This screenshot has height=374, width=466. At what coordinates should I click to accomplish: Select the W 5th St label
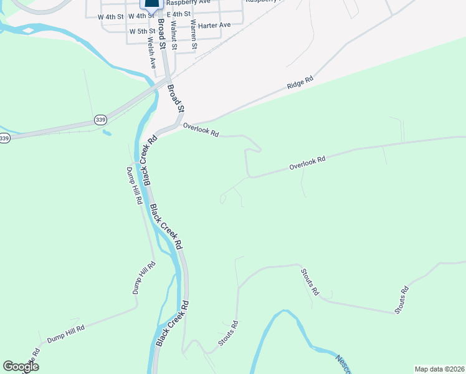(x=142, y=31)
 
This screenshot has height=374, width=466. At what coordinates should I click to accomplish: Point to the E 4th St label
(x=178, y=14)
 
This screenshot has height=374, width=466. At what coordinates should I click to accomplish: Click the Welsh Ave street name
(x=151, y=54)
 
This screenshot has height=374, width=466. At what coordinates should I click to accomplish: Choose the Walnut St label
(x=174, y=35)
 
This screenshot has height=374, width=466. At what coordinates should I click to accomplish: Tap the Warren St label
(x=194, y=35)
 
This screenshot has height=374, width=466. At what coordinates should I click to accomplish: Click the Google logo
(x=21, y=367)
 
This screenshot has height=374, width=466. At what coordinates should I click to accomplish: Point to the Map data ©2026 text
(x=439, y=369)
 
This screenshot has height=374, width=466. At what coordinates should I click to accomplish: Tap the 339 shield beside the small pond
(x=100, y=119)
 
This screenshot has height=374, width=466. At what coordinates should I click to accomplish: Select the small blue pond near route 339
(x=107, y=133)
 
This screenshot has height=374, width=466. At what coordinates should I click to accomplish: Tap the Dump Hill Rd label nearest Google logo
(x=65, y=333)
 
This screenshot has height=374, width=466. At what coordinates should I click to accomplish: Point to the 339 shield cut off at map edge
(x=4, y=138)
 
